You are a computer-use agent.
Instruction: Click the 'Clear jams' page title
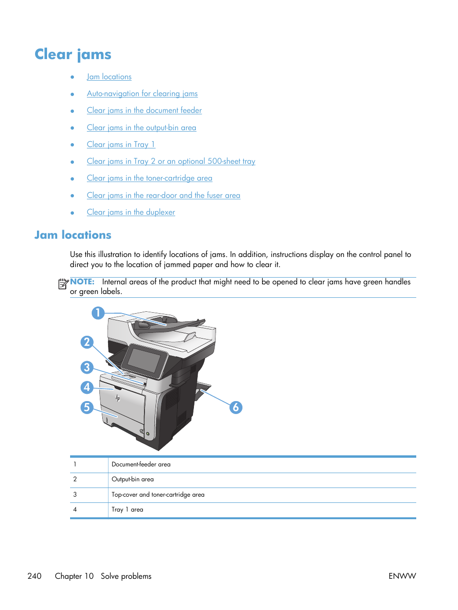click(x=73, y=54)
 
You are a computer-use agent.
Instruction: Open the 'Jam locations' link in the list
click(x=109, y=77)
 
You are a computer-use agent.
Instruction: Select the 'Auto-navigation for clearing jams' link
click(x=142, y=94)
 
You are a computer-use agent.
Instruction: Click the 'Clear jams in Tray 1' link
click(x=121, y=145)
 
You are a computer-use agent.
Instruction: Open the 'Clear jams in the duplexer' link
click(x=131, y=212)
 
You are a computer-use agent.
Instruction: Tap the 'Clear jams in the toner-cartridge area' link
click(x=149, y=178)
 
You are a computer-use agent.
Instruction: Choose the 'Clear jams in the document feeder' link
click(x=144, y=110)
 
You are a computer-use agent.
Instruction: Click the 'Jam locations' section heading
click(x=73, y=235)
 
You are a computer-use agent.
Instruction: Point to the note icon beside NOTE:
click(x=63, y=284)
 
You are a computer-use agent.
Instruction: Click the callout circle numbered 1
click(x=98, y=313)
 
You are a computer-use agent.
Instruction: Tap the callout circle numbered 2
click(x=87, y=342)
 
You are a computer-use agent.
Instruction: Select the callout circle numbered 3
click(x=87, y=367)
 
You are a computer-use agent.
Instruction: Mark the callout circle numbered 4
click(x=87, y=387)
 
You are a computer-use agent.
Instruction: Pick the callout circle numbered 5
click(x=87, y=408)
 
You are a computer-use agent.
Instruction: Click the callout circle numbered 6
click(x=236, y=408)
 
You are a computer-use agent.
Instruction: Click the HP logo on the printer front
click(x=118, y=398)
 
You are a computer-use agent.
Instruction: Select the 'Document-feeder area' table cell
click(x=141, y=464)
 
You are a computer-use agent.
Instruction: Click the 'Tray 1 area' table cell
click(x=127, y=510)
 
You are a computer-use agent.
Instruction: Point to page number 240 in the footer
click(x=35, y=576)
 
